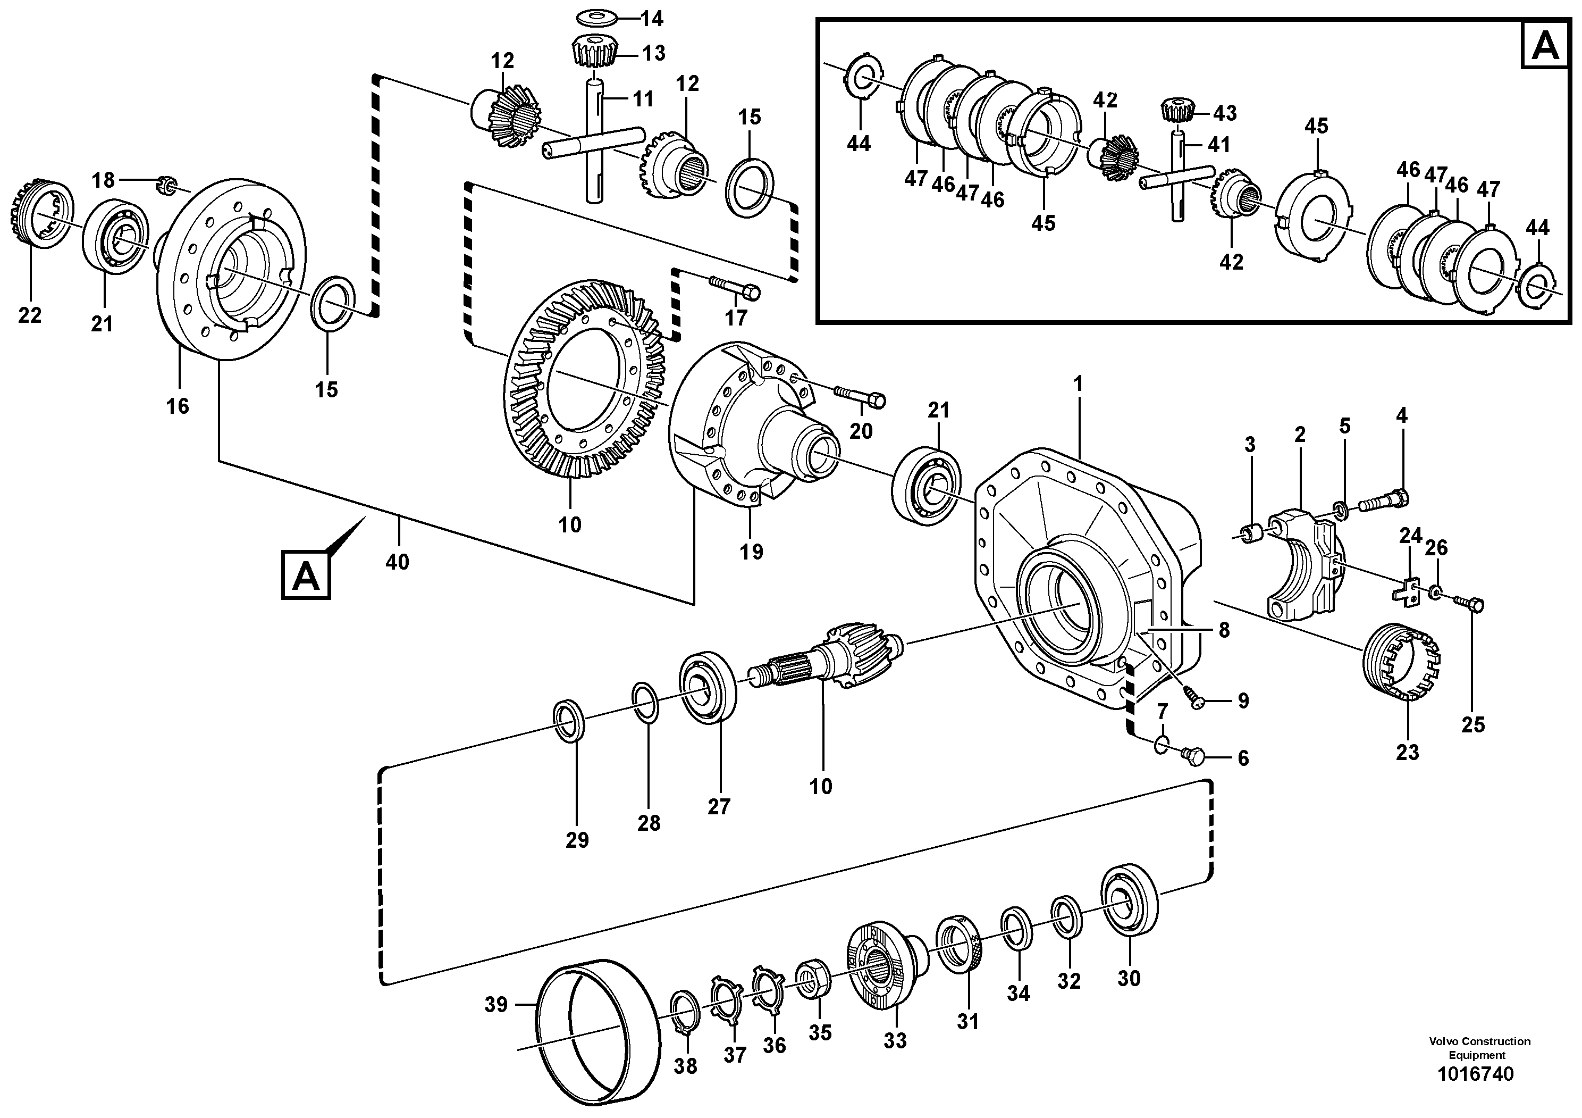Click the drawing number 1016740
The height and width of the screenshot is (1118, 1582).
(x=1475, y=1073)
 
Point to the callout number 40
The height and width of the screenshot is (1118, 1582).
(x=397, y=562)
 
